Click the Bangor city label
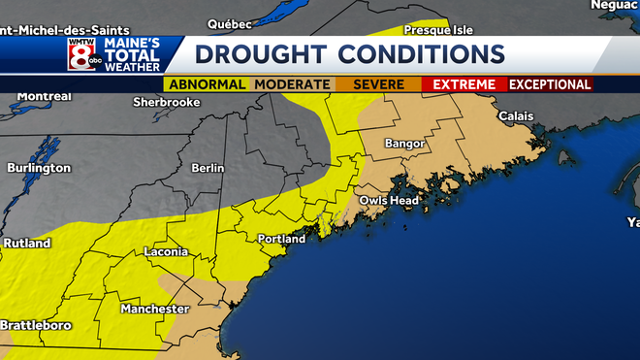pyautogui.click(x=404, y=144)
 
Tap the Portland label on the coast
pyautogui.click(x=281, y=239)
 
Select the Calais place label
pyautogui.click(x=515, y=116)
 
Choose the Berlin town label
pyautogui.click(x=208, y=168)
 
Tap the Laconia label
pyautogui.click(x=166, y=251)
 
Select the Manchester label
pyautogui.click(x=154, y=309)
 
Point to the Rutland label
pyautogui.click(x=26, y=243)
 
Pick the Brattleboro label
pyautogui.click(x=36, y=325)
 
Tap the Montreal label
pyautogui.click(x=45, y=97)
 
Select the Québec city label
pyautogui.click(x=230, y=23)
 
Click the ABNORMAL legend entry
pyautogui.click(x=207, y=84)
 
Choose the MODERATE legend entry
pyautogui.click(x=292, y=84)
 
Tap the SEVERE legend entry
pyautogui.click(x=378, y=84)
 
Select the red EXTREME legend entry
pyautogui.click(x=464, y=84)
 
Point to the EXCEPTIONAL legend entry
pyautogui.click(x=550, y=84)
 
